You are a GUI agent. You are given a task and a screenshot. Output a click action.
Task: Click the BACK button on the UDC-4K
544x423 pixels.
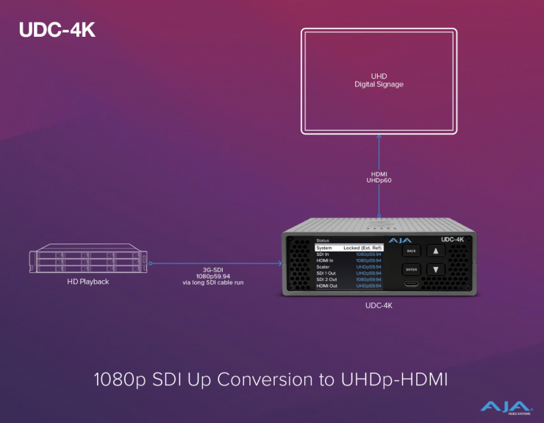click(411, 251)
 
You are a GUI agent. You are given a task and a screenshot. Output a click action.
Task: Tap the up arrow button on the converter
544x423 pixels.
click(436, 251)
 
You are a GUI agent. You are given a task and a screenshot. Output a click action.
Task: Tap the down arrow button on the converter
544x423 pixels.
click(436, 270)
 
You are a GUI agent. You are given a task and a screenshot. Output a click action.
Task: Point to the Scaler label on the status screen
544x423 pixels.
click(323, 266)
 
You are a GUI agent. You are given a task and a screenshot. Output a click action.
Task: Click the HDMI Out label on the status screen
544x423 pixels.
click(326, 285)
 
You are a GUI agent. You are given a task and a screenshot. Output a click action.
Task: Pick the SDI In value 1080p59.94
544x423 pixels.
click(368, 254)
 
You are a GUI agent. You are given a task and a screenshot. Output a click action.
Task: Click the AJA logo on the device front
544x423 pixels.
click(401, 240)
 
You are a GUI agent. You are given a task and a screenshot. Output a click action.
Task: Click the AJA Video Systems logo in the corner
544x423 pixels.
click(507, 406)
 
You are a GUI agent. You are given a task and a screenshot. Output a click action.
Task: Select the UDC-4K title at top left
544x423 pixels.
click(57, 31)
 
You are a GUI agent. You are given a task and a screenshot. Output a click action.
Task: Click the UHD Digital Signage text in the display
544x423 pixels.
click(379, 80)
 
